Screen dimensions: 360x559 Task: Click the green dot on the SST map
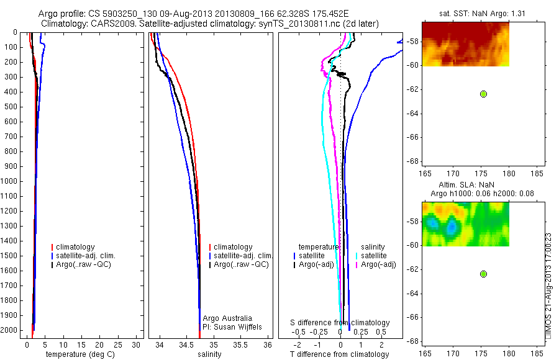click(x=483, y=94)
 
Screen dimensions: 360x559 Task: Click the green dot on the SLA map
click(x=483, y=274)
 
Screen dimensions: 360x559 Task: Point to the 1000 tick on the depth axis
click(x=11, y=181)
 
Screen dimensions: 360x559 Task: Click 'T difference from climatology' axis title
click(x=339, y=354)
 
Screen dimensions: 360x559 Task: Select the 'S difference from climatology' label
click(x=340, y=323)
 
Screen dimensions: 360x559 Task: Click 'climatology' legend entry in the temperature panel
click(x=75, y=247)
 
